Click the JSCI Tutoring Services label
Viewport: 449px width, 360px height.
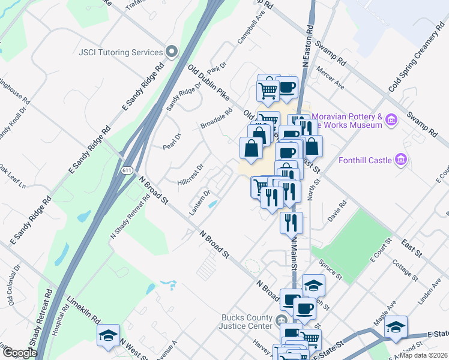(121, 52)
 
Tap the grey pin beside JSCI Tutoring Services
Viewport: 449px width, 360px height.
(172, 52)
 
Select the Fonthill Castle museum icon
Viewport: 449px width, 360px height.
(400, 160)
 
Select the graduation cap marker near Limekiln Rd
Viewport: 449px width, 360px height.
(108, 335)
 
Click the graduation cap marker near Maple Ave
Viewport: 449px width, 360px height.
(396, 327)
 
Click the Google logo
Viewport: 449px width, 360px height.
(20, 353)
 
